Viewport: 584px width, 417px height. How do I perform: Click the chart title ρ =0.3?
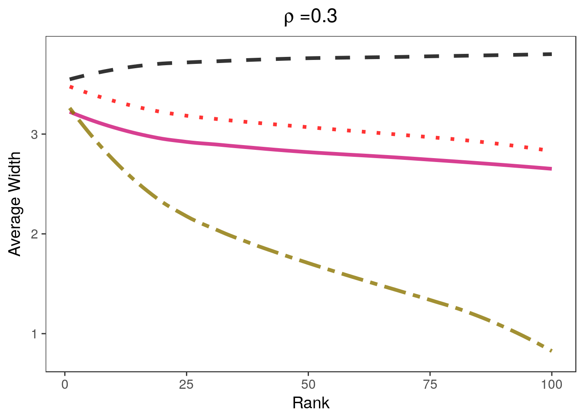tap(310, 17)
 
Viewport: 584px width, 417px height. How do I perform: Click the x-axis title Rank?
tap(311, 403)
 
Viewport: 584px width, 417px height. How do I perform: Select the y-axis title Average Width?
tap(15, 204)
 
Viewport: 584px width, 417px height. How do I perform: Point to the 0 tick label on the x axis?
tap(65, 384)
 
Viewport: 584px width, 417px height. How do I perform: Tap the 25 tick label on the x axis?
tap(186, 384)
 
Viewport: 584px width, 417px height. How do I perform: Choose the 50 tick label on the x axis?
tap(308, 384)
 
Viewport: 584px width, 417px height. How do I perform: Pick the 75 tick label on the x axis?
tap(430, 384)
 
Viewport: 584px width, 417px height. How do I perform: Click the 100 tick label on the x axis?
tap(551, 384)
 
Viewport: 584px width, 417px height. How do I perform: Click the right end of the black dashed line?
tap(551, 54)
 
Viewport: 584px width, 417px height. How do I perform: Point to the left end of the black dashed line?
tap(70, 79)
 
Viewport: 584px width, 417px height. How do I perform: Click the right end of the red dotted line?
tap(542, 150)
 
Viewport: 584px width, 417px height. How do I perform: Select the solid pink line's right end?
tap(551, 169)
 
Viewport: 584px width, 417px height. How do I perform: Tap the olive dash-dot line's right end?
tap(551, 351)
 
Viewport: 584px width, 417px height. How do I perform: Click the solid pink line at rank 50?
tap(308, 152)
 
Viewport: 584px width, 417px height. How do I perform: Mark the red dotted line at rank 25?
tap(186, 116)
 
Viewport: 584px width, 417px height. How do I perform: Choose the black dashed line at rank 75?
tap(430, 56)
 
